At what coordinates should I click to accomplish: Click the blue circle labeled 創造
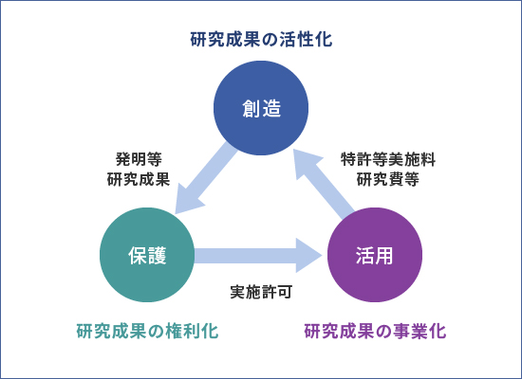click(261, 108)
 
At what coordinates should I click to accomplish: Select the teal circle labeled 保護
click(147, 255)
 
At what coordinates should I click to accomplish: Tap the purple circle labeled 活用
click(375, 255)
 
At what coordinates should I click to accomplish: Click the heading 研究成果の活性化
click(261, 39)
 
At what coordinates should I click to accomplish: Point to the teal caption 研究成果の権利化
click(147, 331)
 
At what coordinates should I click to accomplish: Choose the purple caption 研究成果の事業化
click(375, 331)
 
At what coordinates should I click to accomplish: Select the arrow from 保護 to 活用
click(258, 255)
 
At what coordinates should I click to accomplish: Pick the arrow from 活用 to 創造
click(325, 184)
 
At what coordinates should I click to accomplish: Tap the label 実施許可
click(261, 292)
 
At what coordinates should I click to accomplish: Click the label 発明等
click(139, 159)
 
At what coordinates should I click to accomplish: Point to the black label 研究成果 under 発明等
click(139, 179)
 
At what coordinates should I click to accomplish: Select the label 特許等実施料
click(388, 159)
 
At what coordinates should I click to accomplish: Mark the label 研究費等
click(388, 179)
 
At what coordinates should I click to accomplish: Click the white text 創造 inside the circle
click(262, 108)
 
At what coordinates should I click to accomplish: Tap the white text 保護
click(147, 255)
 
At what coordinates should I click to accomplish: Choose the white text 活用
click(375, 255)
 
